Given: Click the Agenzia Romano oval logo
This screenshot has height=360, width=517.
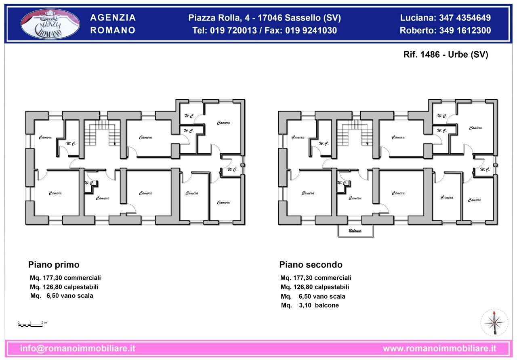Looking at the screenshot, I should [x=50, y=24].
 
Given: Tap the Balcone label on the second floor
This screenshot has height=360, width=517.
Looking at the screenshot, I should [x=355, y=231].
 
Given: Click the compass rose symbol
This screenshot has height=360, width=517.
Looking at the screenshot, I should [x=494, y=322].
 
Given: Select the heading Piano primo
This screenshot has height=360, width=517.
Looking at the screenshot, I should [x=54, y=265].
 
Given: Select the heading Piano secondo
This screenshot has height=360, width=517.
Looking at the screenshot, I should [x=311, y=265].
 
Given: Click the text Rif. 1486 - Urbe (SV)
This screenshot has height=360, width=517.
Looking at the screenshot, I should [x=446, y=55].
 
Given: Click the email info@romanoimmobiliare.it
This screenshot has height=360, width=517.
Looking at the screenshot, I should [x=78, y=348].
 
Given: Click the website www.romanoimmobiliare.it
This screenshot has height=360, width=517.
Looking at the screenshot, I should [x=439, y=348].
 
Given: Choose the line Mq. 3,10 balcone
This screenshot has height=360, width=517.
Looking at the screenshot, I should [x=310, y=305].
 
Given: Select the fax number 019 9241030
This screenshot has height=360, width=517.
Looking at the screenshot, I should [x=311, y=30].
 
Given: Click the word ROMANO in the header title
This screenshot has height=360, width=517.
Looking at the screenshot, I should [x=113, y=30].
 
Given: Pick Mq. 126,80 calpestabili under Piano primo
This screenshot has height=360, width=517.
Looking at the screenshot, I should [x=64, y=287].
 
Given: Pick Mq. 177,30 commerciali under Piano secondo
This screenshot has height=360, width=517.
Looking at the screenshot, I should [x=315, y=278].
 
